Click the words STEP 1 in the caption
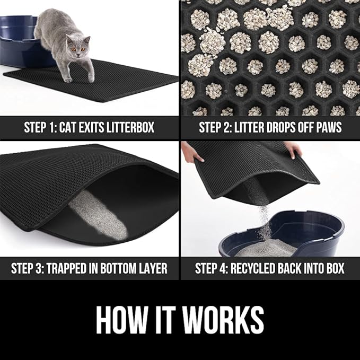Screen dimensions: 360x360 [42, 128]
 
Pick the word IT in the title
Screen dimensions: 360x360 [164, 320]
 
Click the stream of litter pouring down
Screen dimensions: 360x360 [264, 220]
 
